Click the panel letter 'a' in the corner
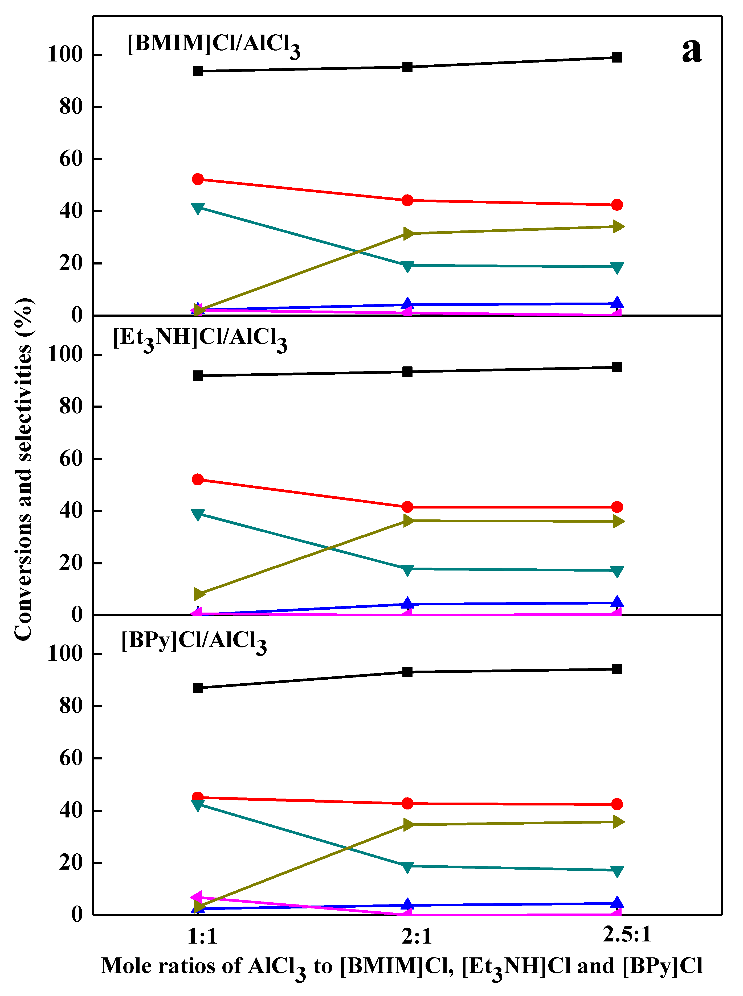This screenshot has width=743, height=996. tap(691, 50)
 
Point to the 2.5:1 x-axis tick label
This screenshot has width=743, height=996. tap(627, 935)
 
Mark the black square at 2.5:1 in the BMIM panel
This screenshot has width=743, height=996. tap(617, 57)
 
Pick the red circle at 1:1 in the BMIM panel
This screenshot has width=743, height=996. tap(197, 179)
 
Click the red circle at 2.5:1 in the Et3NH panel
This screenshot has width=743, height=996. tap(617, 507)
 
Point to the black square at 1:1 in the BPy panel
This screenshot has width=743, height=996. tap(197, 688)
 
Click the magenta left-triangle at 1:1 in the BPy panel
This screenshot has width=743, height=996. tap(197, 898)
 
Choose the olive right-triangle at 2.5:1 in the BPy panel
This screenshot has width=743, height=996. tap(618, 822)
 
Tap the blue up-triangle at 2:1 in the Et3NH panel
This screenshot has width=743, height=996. tap(407, 603)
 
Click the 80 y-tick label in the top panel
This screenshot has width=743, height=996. tap(71, 107)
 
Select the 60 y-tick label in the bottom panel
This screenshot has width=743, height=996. tap(71, 758)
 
